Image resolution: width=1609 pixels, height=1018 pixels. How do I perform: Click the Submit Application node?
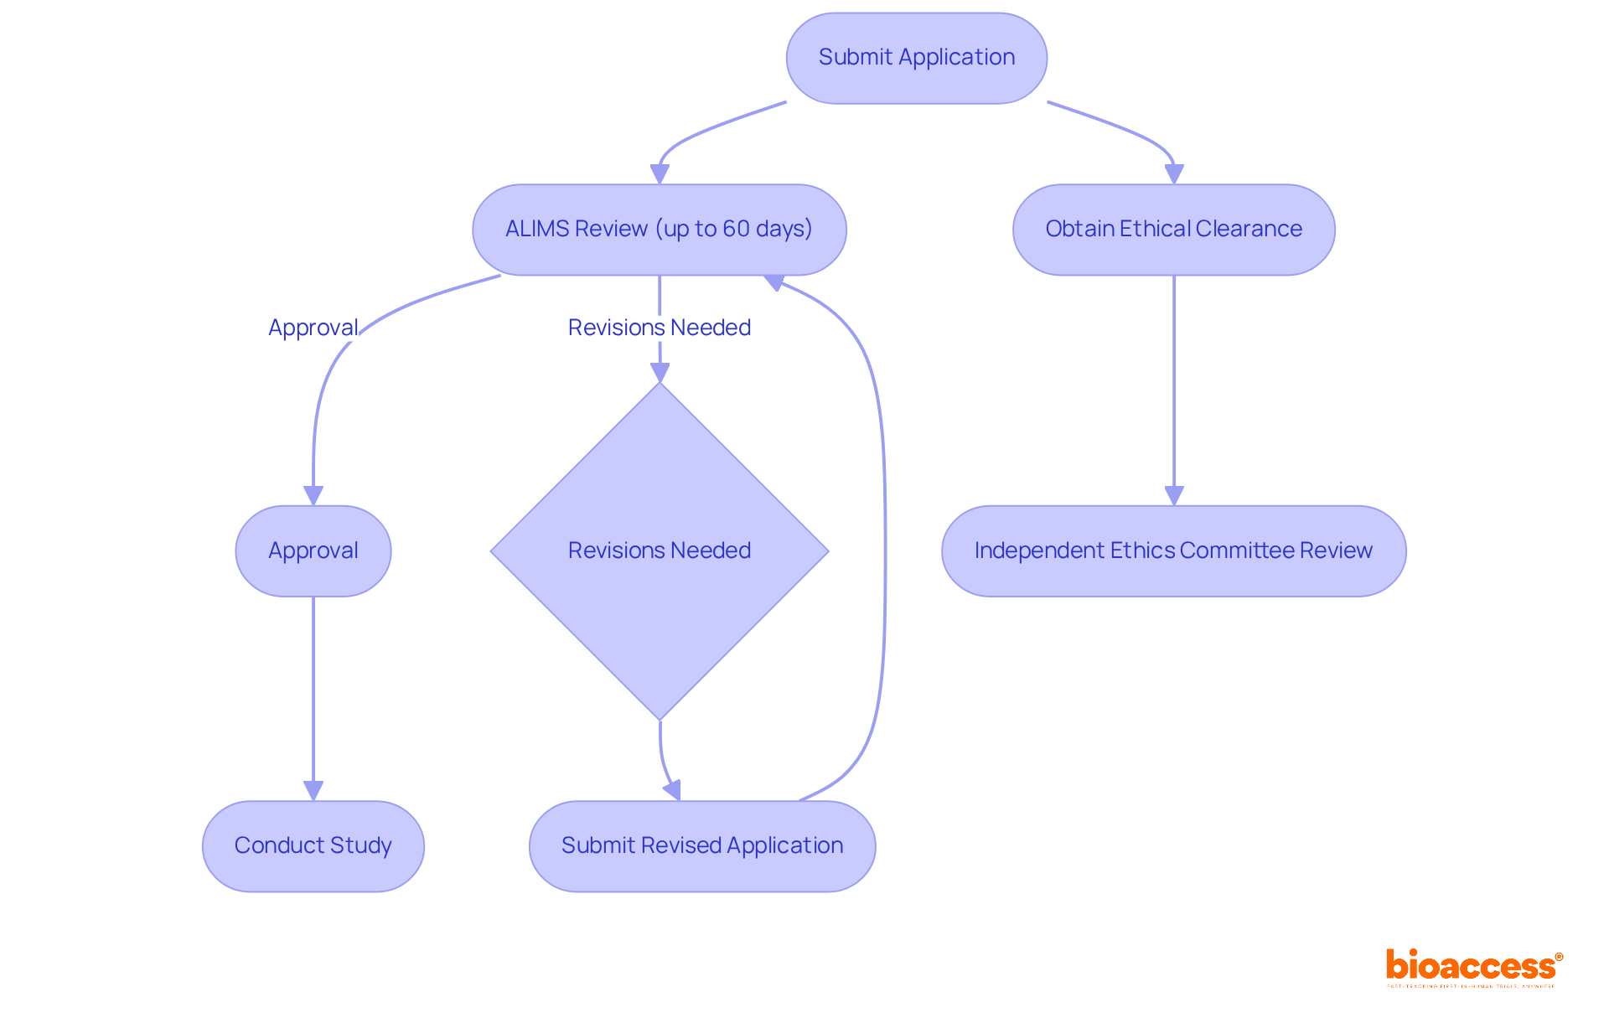pyautogui.click(x=916, y=58)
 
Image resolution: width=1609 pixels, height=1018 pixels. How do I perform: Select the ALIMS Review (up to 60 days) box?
pyautogui.click(x=659, y=230)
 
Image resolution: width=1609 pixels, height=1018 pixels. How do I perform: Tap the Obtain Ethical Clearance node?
pyautogui.click(x=1173, y=230)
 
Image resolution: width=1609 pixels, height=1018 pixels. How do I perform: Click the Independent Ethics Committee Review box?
pyautogui.click(x=1173, y=551)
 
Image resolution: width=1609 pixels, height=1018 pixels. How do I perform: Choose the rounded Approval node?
pyautogui.click(x=313, y=551)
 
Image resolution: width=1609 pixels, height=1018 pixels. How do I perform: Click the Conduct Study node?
pyautogui.click(x=313, y=846)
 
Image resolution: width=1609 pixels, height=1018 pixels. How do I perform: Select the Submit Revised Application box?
pyautogui.click(x=702, y=846)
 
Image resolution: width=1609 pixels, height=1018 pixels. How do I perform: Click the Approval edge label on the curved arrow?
pyautogui.click(x=313, y=328)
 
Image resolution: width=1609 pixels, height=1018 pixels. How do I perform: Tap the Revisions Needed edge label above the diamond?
pyautogui.click(x=660, y=328)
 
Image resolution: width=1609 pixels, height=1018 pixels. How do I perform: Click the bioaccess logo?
pyautogui.click(x=1473, y=967)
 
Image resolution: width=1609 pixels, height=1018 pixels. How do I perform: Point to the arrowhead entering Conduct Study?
pyautogui.click(x=313, y=790)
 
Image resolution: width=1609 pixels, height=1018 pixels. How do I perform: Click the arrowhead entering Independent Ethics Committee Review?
pyautogui.click(x=1174, y=495)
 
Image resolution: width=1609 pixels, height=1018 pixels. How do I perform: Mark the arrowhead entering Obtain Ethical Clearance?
pyautogui.click(x=1174, y=173)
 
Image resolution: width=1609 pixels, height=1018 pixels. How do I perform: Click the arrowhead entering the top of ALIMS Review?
pyautogui.click(x=660, y=173)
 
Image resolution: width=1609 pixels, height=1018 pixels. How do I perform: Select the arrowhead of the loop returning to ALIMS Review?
pyautogui.click(x=774, y=282)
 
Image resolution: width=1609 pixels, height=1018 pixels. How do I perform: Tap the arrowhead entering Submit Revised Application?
pyautogui.click(x=673, y=790)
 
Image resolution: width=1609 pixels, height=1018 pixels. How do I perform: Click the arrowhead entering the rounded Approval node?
pyautogui.click(x=313, y=495)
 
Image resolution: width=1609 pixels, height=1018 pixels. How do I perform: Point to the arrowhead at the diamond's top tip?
pyautogui.click(x=660, y=372)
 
